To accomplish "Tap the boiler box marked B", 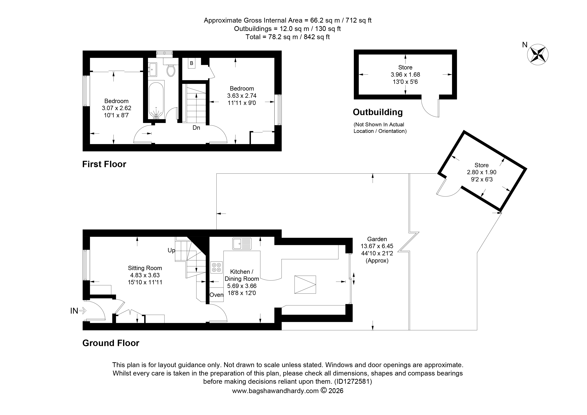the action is click(x=192, y=63).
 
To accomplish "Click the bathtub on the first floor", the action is click(x=156, y=100).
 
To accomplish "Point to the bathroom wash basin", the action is click(x=153, y=69).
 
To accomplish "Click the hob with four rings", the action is click(x=216, y=267).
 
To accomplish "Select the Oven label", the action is click(x=216, y=295).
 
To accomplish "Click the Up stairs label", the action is click(x=171, y=250).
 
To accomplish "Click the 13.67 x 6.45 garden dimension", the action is click(x=377, y=246).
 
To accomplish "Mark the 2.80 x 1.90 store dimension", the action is click(x=481, y=172).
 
